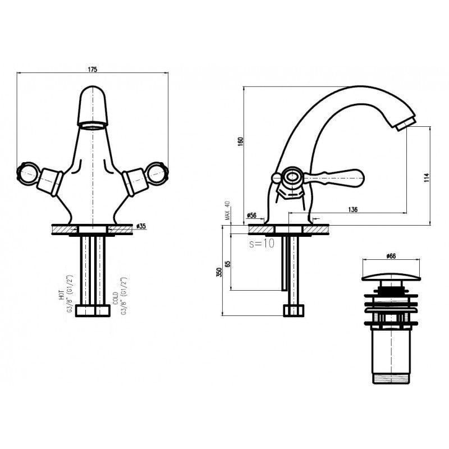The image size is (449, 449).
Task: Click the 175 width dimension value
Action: point(93,69)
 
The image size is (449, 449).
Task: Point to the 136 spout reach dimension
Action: point(353,209)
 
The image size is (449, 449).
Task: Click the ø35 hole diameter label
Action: point(141,226)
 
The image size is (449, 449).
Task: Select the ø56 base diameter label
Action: point(251,215)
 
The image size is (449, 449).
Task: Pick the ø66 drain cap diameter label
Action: point(391,256)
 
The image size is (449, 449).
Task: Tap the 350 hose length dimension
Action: point(219,272)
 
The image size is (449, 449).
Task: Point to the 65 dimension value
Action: point(227,263)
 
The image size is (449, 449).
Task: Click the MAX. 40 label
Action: point(227,212)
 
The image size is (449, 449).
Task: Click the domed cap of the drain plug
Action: point(391,276)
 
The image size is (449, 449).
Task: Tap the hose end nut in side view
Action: point(294,310)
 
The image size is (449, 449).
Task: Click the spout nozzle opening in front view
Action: point(94,125)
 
